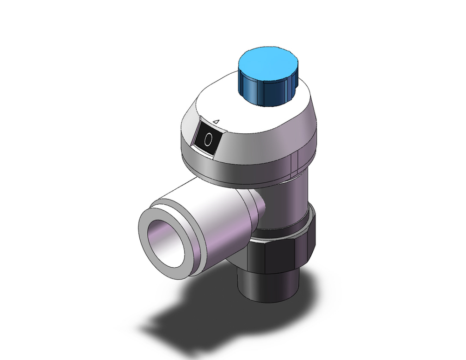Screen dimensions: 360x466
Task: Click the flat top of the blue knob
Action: click(267, 64)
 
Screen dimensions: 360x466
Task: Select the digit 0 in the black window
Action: click(209, 138)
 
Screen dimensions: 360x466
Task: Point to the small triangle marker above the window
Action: click(216, 121)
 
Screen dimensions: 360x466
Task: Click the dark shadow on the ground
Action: click(186, 317)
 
